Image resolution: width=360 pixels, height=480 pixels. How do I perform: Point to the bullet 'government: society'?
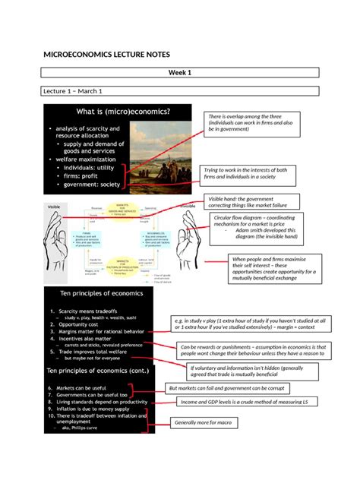99,185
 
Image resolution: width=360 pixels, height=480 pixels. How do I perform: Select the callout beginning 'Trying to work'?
248,175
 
